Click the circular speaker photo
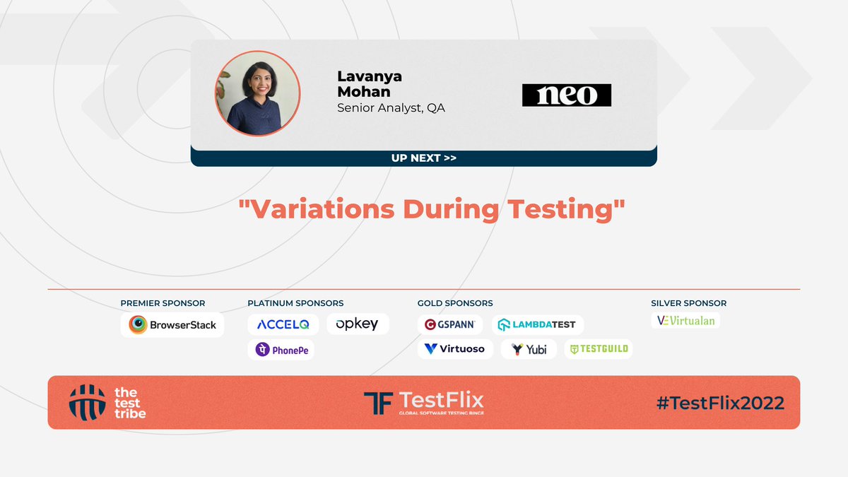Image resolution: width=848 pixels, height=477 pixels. pos(258,93)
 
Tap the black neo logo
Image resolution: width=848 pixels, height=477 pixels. pos(567,95)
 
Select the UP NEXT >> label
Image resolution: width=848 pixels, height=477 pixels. pos(423,158)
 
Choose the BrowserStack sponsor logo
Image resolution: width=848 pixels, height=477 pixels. pos(172,325)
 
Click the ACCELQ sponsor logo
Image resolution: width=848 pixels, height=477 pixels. pos(283,324)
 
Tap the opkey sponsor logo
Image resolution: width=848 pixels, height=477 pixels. pos(358,324)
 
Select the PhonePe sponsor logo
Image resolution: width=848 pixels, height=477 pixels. pos(281,349)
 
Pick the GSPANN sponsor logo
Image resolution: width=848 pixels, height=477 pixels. pos(450,325)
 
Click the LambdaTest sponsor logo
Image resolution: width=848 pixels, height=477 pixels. pos(537,325)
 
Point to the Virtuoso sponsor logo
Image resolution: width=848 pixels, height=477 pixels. pos(455,349)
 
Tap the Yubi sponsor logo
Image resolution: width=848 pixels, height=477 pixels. pos(529,349)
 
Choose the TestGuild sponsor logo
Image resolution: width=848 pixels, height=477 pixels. pos(598,349)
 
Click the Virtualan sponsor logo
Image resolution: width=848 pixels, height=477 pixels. pos(685,321)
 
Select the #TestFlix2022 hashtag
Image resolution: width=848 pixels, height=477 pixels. pos(720,403)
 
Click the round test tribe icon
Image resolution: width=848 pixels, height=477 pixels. pos(87,402)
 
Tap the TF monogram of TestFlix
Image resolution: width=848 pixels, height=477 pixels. pos(378,403)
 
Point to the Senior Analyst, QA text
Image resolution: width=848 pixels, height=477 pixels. pos(391,108)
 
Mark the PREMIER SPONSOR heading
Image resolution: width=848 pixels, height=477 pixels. pos(163,303)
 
